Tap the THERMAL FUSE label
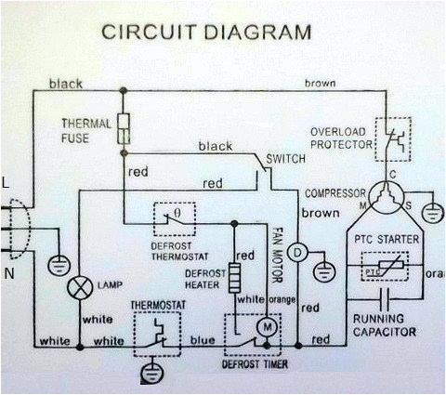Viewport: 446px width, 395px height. point(87,130)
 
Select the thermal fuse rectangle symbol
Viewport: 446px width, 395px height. point(123,129)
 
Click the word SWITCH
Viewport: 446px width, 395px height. point(285,159)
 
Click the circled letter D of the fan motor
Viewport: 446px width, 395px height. point(296,252)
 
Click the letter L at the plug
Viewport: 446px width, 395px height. point(7,184)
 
